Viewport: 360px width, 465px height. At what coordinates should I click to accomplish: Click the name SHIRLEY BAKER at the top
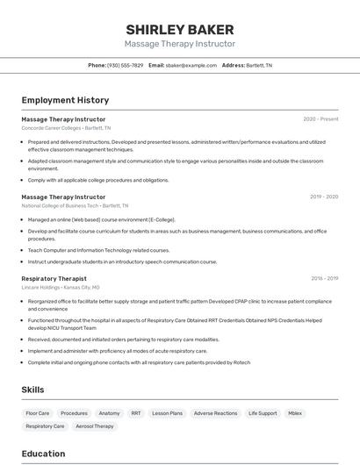pyautogui.click(x=180, y=29)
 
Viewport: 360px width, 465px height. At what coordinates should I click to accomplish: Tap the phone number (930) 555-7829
pyautogui.click(x=125, y=65)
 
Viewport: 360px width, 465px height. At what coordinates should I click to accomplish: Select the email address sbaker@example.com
pyautogui.click(x=191, y=65)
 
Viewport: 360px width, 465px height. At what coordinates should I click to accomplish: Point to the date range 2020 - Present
pyautogui.click(x=320, y=119)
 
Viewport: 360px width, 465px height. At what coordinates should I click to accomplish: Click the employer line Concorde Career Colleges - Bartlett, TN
pyautogui.click(x=66, y=128)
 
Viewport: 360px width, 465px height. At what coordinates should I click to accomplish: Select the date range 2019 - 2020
pyautogui.click(x=324, y=197)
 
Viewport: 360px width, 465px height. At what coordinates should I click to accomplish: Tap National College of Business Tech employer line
pyautogui.click(x=73, y=206)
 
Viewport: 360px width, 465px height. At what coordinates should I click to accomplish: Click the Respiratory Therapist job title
pyautogui.click(x=54, y=278)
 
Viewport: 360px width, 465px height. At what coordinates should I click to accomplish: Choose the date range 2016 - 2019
pyautogui.click(x=324, y=278)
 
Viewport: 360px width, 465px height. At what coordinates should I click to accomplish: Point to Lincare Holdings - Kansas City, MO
pyautogui.click(x=61, y=287)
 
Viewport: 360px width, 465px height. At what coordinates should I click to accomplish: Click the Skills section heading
pyautogui.click(x=32, y=390)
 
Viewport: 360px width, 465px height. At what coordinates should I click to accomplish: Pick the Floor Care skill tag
pyautogui.click(x=38, y=412)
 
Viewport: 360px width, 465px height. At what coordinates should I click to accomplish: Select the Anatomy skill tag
pyautogui.click(x=109, y=412)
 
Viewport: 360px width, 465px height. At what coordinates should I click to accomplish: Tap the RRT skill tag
pyautogui.click(x=136, y=412)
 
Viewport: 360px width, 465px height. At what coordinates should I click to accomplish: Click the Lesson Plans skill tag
pyautogui.click(x=167, y=412)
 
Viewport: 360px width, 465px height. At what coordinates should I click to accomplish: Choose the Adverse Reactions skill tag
pyautogui.click(x=215, y=412)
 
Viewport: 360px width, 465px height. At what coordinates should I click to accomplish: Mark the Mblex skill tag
pyautogui.click(x=295, y=412)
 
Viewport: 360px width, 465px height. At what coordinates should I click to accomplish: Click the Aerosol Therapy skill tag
pyautogui.click(x=95, y=426)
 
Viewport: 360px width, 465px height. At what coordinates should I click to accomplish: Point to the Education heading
pyautogui.click(x=43, y=454)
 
